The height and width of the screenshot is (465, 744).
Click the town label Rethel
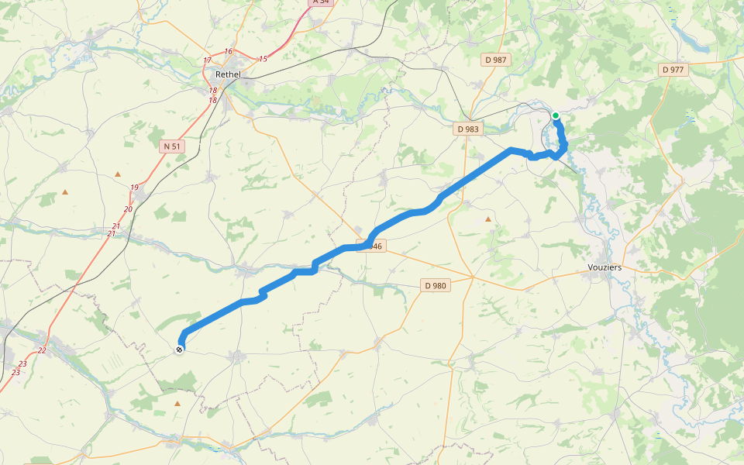point(228,74)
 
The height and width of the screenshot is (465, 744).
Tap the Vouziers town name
point(605,268)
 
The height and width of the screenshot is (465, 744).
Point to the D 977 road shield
point(673,70)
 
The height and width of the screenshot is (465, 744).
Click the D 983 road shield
point(467,129)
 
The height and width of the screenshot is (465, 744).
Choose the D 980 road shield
point(436,285)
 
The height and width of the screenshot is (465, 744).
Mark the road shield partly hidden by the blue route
point(374,246)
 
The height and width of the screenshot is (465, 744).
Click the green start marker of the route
point(556,115)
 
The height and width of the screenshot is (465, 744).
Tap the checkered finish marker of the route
point(180,350)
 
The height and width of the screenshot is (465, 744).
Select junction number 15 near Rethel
point(263,59)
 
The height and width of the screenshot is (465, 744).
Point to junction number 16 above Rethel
point(228,52)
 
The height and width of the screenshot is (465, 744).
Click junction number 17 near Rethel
point(207,60)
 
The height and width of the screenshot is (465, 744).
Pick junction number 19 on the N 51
point(134,188)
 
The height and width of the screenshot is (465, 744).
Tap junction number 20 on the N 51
point(128,209)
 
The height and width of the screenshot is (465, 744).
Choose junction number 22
point(42,350)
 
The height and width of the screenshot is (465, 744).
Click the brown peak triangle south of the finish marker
point(177,403)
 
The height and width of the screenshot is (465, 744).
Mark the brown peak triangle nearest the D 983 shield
point(487,219)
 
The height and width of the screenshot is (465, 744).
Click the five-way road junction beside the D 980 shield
point(473,276)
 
